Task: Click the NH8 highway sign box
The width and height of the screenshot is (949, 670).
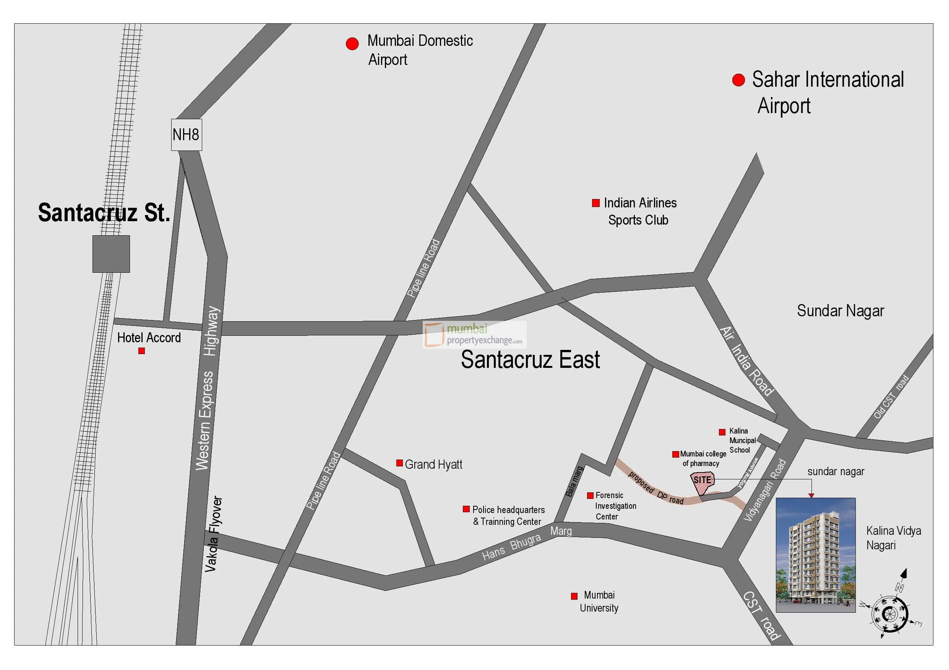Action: click(x=187, y=135)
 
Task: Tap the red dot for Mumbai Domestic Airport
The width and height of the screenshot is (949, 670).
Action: click(x=352, y=44)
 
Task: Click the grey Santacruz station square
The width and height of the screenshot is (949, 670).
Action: click(x=111, y=254)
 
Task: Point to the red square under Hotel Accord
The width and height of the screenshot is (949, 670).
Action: click(x=141, y=351)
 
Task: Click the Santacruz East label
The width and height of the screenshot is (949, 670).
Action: click(x=530, y=359)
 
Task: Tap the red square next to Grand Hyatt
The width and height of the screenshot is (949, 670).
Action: click(x=399, y=463)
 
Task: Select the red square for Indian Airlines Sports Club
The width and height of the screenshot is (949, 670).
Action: click(x=595, y=203)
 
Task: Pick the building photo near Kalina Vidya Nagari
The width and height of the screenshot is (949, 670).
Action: click(x=815, y=555)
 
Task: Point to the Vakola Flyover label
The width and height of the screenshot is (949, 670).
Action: click(x=213, y=534)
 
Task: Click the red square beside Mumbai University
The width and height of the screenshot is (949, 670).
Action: click(x=574, y=596)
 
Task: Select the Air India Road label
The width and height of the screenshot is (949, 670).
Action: click(x=746, y=361)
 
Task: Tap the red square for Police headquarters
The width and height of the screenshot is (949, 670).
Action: click(x=466, y=509)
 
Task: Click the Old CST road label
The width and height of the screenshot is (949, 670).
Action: click(x=891, y=396)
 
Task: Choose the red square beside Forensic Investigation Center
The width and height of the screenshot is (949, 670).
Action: click(x=590, y=495)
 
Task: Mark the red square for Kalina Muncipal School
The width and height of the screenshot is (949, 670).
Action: click(x=722, y=432)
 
